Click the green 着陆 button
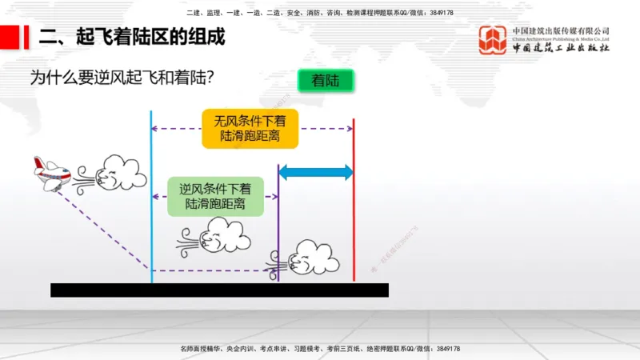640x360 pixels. [x=325, y=81]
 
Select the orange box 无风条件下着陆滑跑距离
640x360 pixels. [x=250, y=128]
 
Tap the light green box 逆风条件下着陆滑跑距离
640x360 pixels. [x=215, y=197]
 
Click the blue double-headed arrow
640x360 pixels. [x=315, y=171]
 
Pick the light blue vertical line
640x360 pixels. [x=151, y=192]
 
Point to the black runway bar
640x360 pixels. [x=219, y=290]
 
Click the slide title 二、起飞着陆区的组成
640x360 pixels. [x=132, y=37]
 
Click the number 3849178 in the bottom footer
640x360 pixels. [x=445, y=349]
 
